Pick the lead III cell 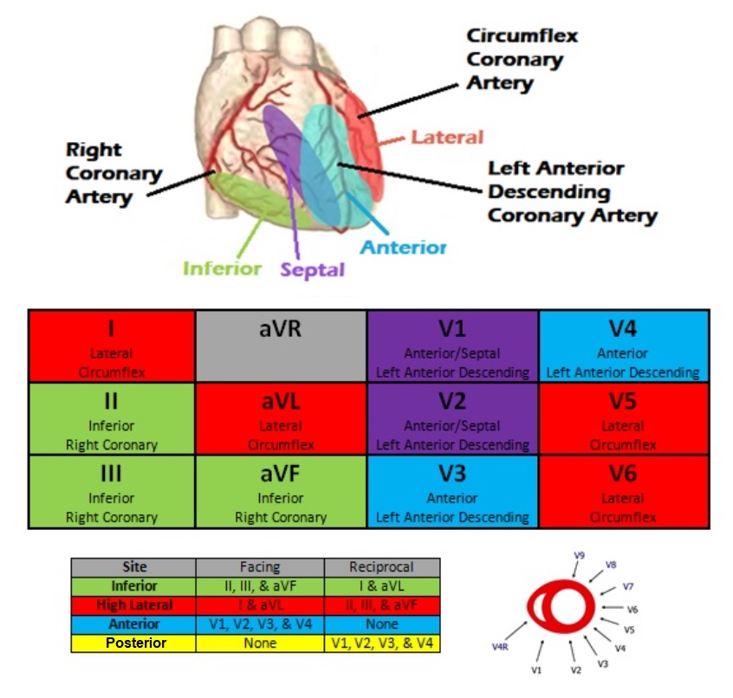[x=112, y=491]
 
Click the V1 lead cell [x=453, y=346]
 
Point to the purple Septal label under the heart [x=312, y=269]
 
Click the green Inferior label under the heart [x=222, y=268]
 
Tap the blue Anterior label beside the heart [x=403, y=248]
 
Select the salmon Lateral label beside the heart [x=447, y=137]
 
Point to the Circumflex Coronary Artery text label [x=522, y=60]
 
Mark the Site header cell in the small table [x=133, y=567]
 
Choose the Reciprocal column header [x=382, y=567]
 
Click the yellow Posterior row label [x=133, y=643]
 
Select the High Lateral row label [x=133, y=605]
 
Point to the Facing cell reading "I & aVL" [x=260, y=605]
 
